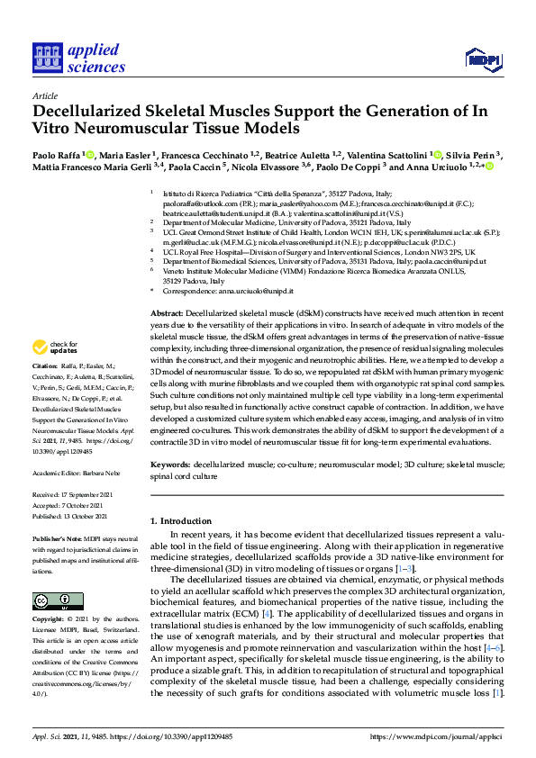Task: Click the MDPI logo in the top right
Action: (x=482, y=60)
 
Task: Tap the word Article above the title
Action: (x=45, y=95)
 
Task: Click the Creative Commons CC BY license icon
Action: (x=51, y=599)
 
